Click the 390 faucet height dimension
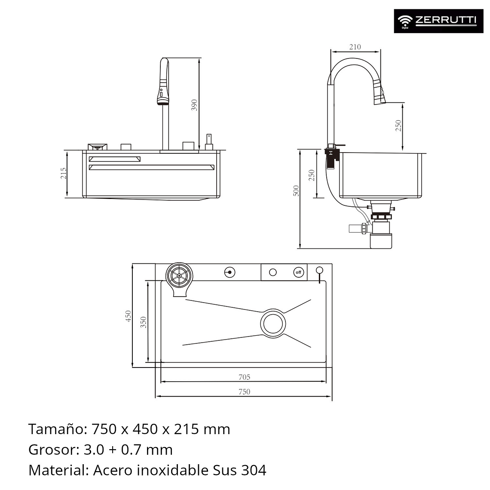(x=194, y=105)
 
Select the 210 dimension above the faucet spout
(x=355, y=47)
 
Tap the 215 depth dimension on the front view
(x=64, y=173)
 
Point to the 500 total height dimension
(x=296, y=191)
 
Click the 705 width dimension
(x=244, y=377)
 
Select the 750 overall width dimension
(x=244, y=391)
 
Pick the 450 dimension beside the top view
(x=128, y=316)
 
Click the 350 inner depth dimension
(x=144, y=322)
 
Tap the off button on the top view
(x=298, y=272)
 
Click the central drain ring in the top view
(x=273, y=324)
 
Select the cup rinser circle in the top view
(x=178, y=275)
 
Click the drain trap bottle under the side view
(x=381, y=240)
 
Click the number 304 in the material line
(x=253, y=470)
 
